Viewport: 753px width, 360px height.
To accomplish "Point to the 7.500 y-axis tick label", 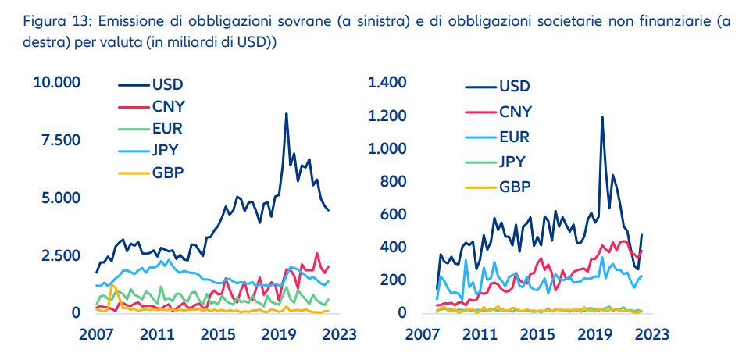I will (x=59, y=141).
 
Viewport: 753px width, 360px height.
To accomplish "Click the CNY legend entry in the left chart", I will (x=168, y=107).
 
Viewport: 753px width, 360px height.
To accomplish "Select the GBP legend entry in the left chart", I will (x=168, y=173).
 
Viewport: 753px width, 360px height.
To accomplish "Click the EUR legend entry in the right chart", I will (x=513, y=137).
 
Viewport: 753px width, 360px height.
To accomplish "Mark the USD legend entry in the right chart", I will (x=513, y=86).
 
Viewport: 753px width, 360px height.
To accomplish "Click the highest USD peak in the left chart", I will (x=286, y=114).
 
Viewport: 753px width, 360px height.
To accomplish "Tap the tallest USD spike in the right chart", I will (x=601, y=118).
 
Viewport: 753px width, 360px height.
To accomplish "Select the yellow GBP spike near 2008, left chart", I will (x=112, y=287).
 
